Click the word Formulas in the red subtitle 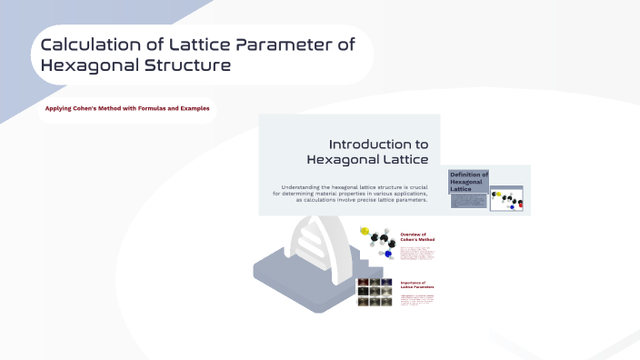point(152,108)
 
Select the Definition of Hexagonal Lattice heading point(468,180)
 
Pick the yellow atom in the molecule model point(365,232)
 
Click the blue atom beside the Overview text point(388,255)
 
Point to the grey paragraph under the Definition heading point(469,200)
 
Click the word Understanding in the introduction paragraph point(306,186)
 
